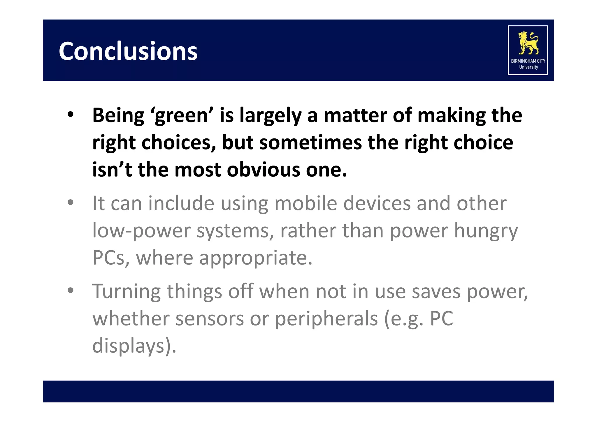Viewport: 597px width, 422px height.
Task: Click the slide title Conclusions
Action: click(128, 51)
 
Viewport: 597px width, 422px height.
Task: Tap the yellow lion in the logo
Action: click(528, 43)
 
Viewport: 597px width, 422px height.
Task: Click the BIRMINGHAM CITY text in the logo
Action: click(528, 61)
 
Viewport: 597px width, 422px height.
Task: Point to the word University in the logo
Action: click(528, 67)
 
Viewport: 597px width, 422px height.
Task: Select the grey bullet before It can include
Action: click(70, 202)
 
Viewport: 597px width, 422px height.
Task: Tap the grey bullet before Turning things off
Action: click(70, 290)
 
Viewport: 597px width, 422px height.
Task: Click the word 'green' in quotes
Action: click(182, 116)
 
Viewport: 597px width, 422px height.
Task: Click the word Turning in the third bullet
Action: click(126, 292)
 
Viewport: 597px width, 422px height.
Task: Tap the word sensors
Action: click(210, 319)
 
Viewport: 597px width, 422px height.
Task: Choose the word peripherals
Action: click(326, 319)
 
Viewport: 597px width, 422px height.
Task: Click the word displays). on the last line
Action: click(134, 346)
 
